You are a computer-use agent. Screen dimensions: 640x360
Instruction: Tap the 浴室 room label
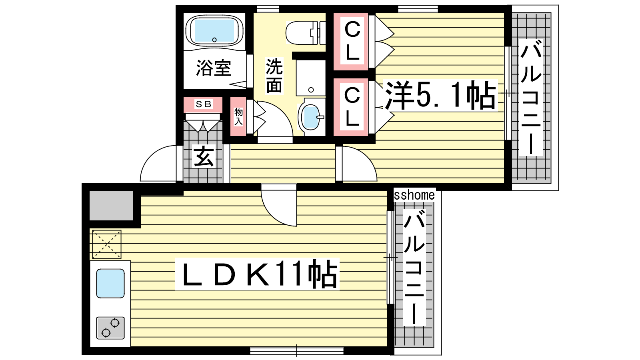coord(214,68)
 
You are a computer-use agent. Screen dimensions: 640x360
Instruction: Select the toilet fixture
coord(306,32)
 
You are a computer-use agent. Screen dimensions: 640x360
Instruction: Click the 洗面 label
coord(274,76)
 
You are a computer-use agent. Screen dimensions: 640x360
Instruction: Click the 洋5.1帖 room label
coord(440,96)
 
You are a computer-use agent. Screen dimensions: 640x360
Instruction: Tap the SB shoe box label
coord(203,104)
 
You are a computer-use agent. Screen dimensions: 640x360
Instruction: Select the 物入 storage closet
coord(238,116)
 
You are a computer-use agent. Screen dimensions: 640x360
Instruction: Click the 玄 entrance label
coord(204,156)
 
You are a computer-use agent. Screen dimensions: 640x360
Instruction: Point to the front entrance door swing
coord(158,163)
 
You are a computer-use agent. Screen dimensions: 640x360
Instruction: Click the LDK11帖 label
coord(257,274)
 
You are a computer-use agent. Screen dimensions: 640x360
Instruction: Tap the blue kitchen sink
coord(110,284)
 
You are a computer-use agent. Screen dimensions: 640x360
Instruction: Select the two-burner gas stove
coord(110,328)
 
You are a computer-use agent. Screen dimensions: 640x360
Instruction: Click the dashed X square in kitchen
coord(106,244)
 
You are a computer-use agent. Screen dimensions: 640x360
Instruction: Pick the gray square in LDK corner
coord(112,206)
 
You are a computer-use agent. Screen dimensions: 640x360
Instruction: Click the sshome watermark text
coord(414,195)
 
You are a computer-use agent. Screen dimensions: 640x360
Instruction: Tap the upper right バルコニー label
coord(531,98)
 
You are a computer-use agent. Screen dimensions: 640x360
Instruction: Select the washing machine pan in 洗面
coord(311,78)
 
